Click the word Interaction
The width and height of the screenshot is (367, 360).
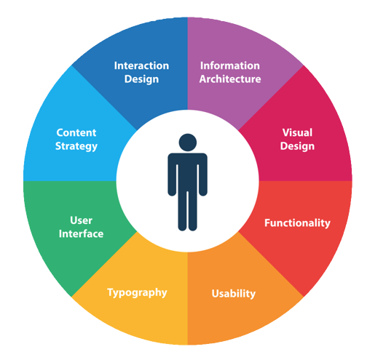pos(141,65)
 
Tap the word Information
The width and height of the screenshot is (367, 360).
pos(230,65)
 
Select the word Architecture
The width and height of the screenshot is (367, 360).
pos(230,79)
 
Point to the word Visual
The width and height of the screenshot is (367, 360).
pos(297,132)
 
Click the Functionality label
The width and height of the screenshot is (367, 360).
pos(297,223)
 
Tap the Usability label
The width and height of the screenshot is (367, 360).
pos(234,294)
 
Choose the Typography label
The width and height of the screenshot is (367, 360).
pos(137,293)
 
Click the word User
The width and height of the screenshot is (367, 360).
pos(81,220)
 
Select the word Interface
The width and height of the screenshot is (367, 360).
pos(81,234)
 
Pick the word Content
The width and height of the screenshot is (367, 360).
pos(76,132)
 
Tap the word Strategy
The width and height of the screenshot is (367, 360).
pos(76,146)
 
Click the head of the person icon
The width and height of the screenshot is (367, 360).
pos(188,143)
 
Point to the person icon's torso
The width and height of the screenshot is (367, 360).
pos(187,172)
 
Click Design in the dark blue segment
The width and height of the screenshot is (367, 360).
pos(141,79)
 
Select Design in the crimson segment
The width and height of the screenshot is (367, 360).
pos(297,146)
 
